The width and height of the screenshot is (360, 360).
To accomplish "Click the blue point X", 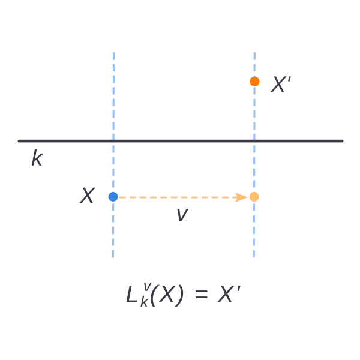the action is tap(113, 197).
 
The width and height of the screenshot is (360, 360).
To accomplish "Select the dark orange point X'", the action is tap(254, 82).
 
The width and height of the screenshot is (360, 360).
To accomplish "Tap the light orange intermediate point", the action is tap(254, 197).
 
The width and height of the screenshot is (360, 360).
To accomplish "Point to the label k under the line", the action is tap(37, 157).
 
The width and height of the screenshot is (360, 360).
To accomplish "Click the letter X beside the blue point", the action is tap(88, 196).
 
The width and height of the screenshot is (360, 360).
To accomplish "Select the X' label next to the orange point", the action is tap(281, 84).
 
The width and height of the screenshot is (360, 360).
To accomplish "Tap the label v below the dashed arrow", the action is tap(182, 215).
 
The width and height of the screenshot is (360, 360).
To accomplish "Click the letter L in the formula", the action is tap(132, 295).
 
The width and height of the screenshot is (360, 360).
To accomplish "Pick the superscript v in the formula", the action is tap(147, 287).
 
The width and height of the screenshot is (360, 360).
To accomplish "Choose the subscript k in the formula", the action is tap(144, 302).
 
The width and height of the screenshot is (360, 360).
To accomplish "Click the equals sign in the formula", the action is tap(202, 294).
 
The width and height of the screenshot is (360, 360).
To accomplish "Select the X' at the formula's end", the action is tap(229, 294).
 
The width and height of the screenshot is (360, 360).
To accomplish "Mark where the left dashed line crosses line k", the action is tap(113, 141).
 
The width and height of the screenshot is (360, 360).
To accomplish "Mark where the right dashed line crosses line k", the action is tap(254, 141).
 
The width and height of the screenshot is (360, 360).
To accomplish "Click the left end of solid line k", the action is tap(19, 141).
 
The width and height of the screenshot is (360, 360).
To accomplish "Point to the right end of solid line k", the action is tap(342, 141).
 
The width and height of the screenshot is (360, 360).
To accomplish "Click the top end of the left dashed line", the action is tap(113, 53).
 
